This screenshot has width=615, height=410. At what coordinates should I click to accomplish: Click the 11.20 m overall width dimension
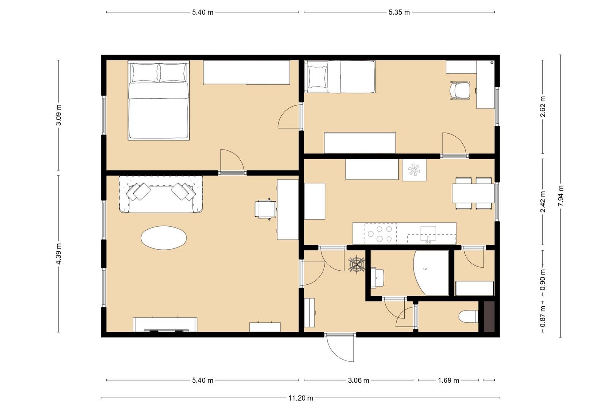301,398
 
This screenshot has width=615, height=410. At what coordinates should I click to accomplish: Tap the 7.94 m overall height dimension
561,196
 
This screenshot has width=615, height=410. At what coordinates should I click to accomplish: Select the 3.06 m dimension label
359,380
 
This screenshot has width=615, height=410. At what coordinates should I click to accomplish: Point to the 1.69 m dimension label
448,380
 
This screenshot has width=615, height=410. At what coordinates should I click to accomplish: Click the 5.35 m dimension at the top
399,13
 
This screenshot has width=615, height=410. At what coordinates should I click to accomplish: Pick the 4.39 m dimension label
58,254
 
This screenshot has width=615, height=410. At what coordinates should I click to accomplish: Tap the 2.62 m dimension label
543,107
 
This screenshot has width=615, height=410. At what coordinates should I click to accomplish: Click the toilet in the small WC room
468,317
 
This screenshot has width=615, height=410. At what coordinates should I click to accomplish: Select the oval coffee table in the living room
164,238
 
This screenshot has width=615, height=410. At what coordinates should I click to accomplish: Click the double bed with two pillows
159,101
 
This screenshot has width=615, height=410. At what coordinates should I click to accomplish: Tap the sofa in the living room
161,194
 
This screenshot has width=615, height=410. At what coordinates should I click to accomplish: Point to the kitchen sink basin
428,233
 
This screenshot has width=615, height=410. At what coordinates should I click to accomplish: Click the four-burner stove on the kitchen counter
380,234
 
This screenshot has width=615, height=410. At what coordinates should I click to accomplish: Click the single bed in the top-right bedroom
340,77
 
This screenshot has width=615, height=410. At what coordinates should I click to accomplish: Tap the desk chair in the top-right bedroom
459,90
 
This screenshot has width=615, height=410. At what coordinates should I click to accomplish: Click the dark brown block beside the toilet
489,317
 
